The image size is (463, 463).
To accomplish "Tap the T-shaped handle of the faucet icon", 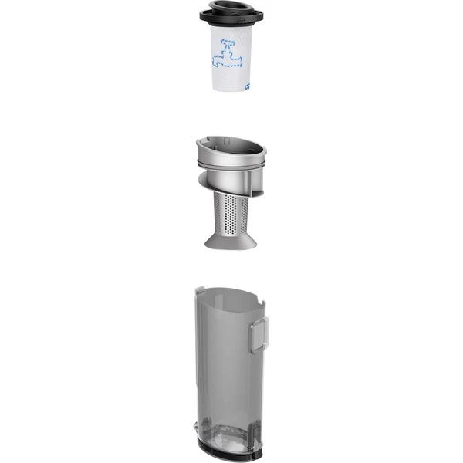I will (x=227, y=42).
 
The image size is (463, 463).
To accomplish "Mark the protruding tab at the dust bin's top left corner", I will (x=199, y=290).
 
